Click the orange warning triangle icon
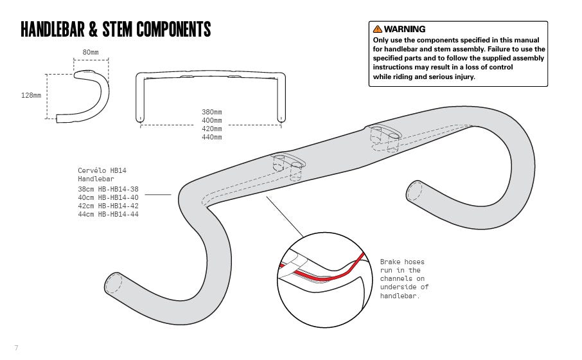(377, 29)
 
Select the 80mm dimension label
(91, 51)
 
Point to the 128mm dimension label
(31, 95)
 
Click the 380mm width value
(212, 111)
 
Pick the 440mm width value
(212, 137)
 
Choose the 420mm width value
(212, 129)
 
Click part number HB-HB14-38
(119, 189)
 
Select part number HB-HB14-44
(119, 214)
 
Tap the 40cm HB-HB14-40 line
(108, 197)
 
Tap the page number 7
(16, 348)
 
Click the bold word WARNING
(405, 29)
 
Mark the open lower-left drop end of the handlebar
(113, 283)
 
